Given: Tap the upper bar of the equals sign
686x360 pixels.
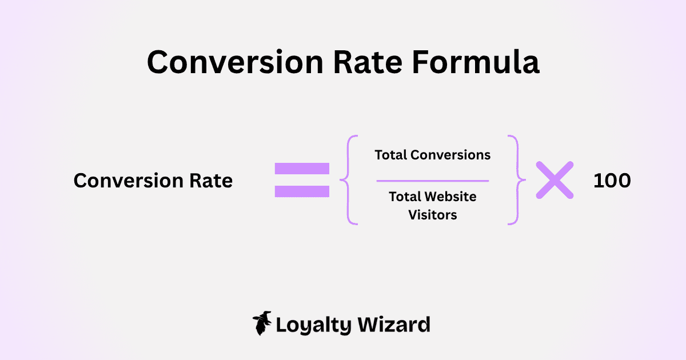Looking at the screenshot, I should (302, 169).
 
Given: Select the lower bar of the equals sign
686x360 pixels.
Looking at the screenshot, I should (302, 191).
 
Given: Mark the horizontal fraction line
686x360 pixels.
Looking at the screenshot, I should (433, 181).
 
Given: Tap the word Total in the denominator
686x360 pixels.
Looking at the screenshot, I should (404, 197).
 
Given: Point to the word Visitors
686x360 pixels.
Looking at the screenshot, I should (433, 215).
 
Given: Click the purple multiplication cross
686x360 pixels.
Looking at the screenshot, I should (555, 180).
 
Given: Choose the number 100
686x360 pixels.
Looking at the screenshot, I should (612, 181).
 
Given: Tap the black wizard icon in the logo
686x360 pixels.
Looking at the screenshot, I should (262, 323).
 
